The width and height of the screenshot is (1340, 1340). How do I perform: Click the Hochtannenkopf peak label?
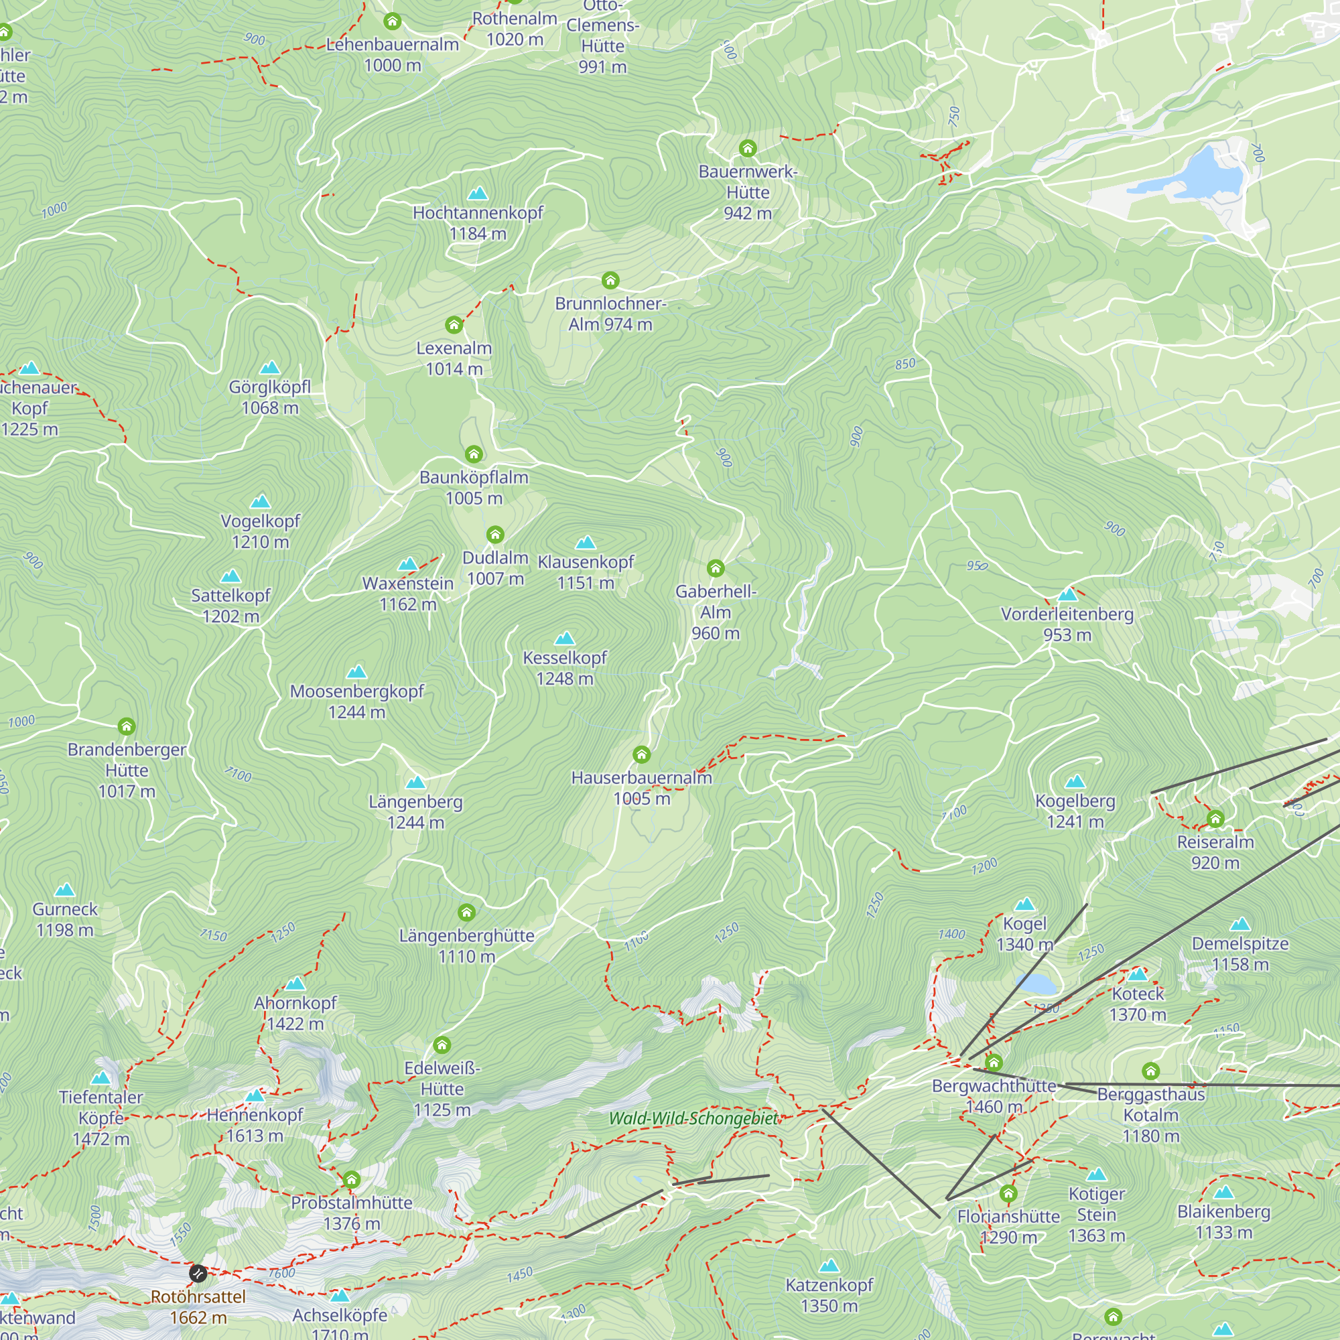coord(478,222)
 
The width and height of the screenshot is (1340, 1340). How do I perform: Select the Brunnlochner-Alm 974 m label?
coord(610,314)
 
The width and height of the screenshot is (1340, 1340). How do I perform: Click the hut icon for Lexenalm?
coord(454,324)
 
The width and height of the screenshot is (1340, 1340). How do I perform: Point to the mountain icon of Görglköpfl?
coord(270,368)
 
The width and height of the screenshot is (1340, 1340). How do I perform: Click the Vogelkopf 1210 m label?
coord(260,531)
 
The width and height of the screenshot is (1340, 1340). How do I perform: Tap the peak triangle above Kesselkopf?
coord(565,638)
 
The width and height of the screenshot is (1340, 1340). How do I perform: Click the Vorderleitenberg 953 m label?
coord(1067,624)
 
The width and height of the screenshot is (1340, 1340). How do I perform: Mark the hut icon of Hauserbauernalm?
coord(642,754)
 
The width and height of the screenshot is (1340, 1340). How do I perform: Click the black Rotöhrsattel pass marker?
coord(198,1274)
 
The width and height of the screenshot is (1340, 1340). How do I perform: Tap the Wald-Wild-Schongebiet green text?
coord(693,1118)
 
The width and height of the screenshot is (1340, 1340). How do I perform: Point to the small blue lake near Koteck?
coord(1036,983)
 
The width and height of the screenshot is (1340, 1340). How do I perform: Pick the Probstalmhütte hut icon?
coord(352,1179)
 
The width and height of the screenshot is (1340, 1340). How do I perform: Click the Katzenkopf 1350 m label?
coord(829,1295)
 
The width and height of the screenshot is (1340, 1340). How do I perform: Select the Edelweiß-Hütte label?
coord(442,1088)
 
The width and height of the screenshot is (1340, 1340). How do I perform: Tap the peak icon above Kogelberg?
coord(1075,782)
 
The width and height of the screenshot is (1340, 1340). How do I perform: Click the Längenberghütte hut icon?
coord(467,911)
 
